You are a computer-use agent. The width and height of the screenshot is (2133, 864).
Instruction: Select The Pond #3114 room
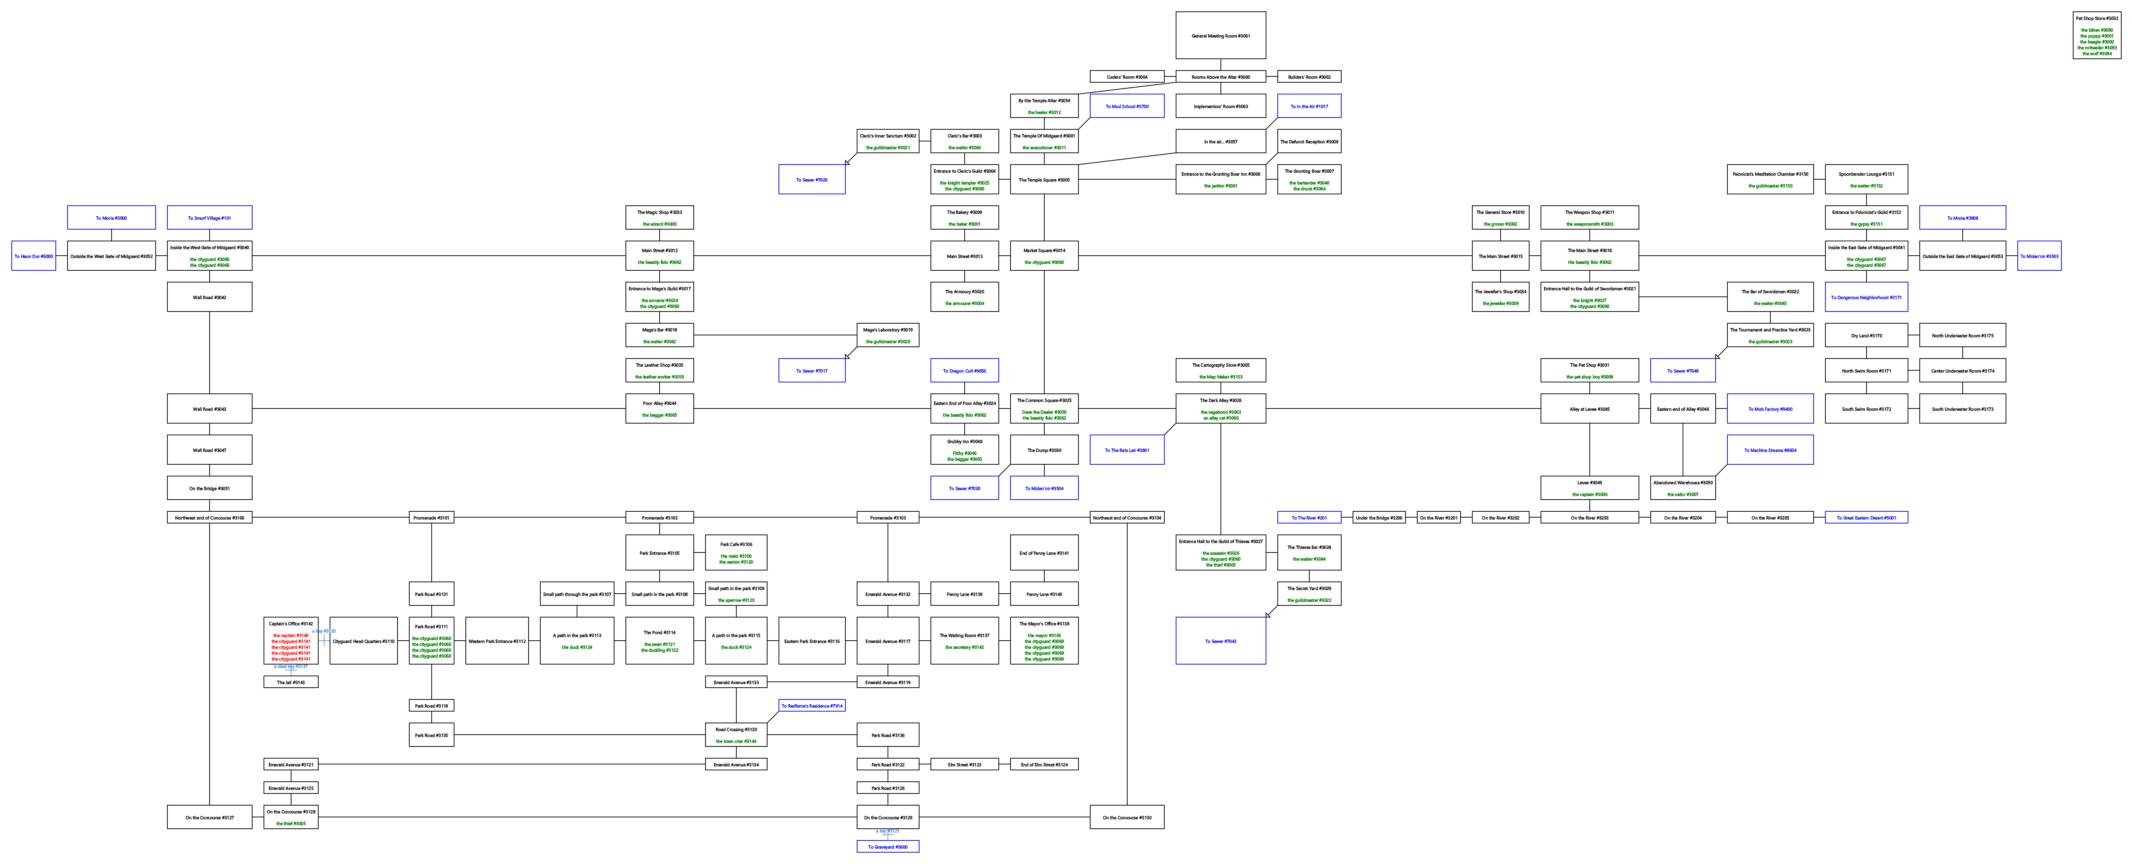click(x=659, y=640)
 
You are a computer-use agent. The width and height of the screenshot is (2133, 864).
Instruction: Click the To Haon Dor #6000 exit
click(x=33, y=256)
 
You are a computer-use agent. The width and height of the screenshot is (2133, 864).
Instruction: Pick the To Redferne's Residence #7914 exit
click(x=812, y=706)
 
